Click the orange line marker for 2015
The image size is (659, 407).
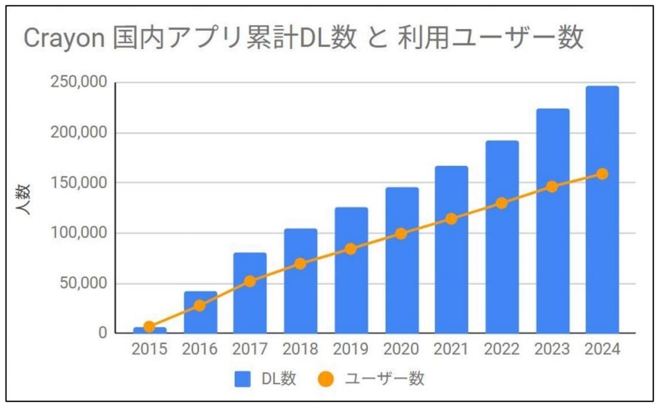[149, 327]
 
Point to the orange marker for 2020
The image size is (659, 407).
[401, 234]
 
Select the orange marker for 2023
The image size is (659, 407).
[552, 187]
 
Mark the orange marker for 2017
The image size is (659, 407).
[250, 281]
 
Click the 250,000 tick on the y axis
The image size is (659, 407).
[77, 83]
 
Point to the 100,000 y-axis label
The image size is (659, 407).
[77, 234]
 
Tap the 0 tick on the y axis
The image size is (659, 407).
[102, 334]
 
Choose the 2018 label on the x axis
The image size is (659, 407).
[300, 350]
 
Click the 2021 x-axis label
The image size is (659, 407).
[451, 350]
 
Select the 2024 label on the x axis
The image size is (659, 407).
[602, 350]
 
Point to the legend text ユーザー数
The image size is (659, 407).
[384, 379]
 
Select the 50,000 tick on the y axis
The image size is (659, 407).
[81, 283]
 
